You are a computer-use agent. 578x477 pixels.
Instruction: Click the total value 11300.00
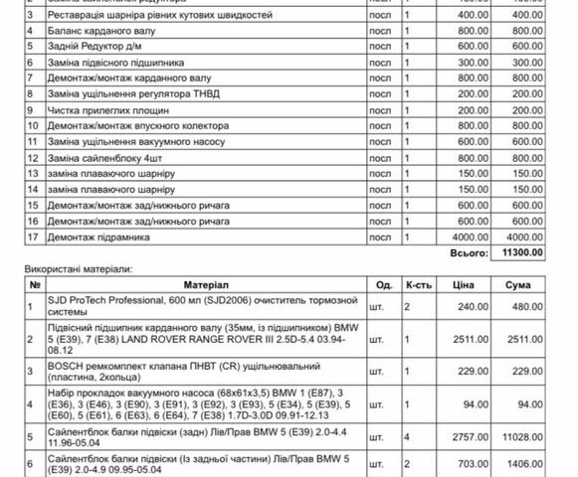tap(521, 253)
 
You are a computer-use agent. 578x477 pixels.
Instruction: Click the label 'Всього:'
tap(459, 253)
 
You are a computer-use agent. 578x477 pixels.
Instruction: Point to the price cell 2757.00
tap(465, 437)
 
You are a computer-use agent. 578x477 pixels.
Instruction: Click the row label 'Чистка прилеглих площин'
tap(89, 110)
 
